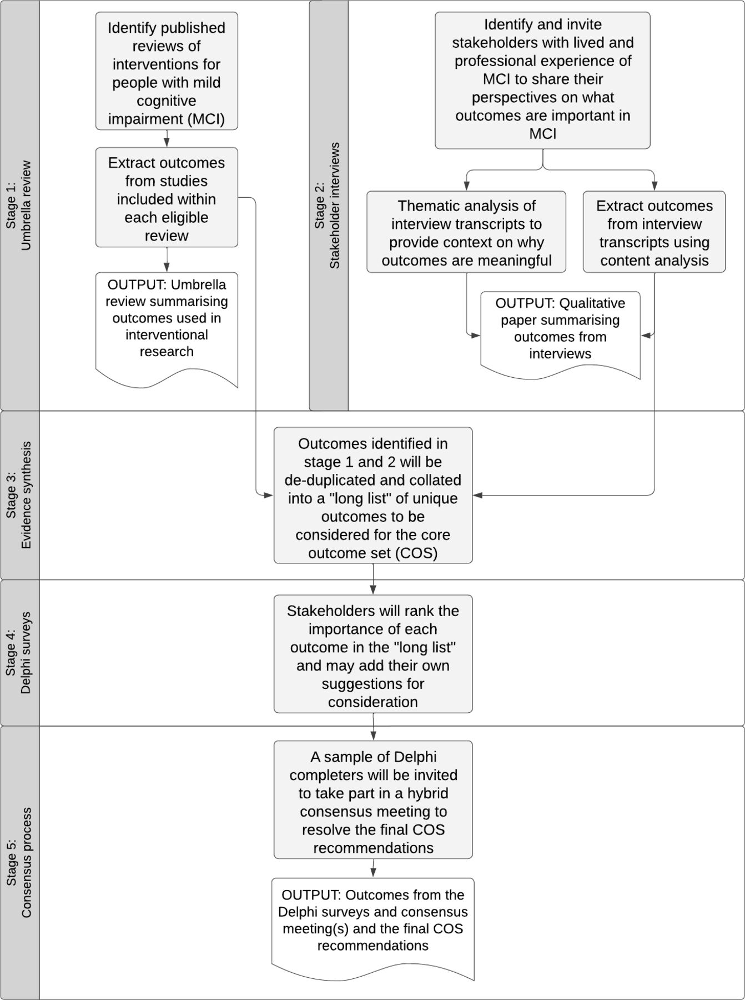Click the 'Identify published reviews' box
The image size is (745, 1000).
(x=167, y=71)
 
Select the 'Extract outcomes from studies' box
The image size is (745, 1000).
(x=167, y=197)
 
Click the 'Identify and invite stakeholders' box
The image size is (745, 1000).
(x=542, y=81)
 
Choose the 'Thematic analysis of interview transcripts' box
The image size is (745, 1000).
(x=466, y=232)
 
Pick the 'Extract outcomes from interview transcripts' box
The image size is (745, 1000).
(x=654, y=232)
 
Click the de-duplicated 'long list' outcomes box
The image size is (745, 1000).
(x=373, y=495)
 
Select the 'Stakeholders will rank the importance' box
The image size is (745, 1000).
(x=373, y=654)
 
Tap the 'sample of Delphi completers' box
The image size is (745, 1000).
(x=373, y=799)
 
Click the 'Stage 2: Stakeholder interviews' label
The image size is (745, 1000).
(x=328, y=206)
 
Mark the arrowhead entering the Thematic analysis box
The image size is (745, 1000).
(x=466, y=187)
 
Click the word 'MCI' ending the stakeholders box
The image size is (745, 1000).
(x=542, y=134)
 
